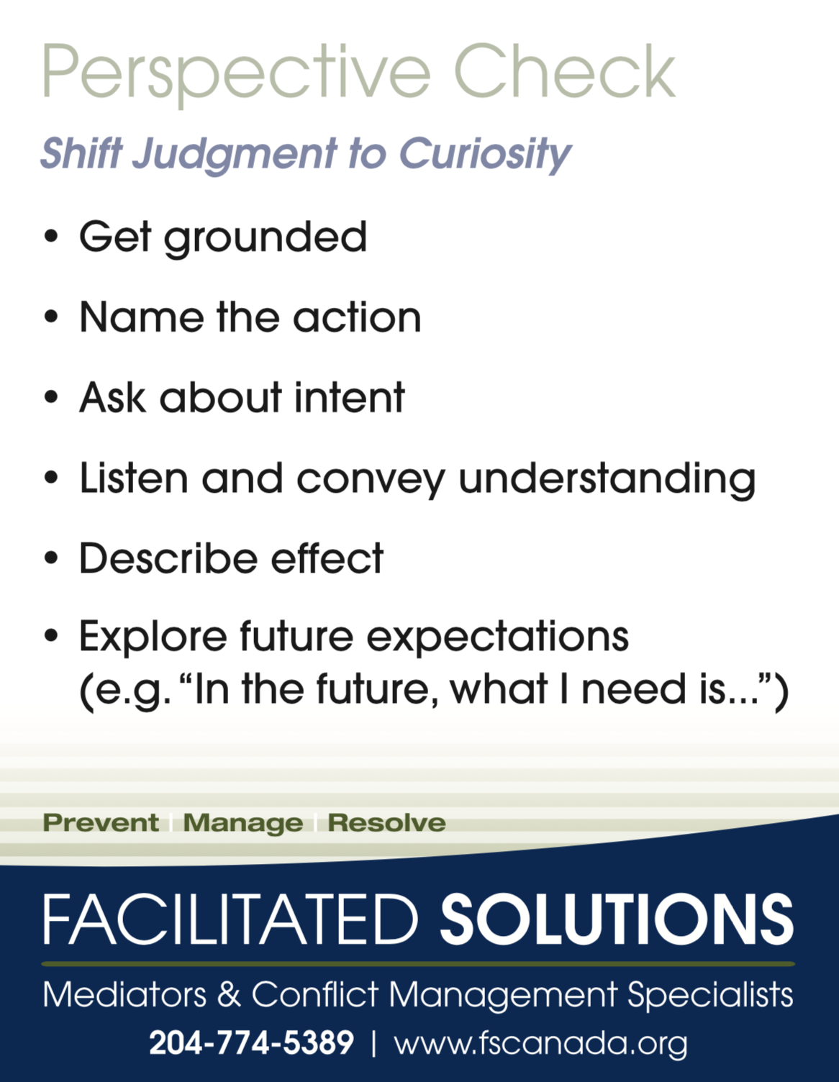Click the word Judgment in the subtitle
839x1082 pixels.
(x=235, y=153)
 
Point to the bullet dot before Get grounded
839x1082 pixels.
(x=50, y=237)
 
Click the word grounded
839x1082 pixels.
(x=266, y=237)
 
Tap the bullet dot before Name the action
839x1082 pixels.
(x=50, y=317)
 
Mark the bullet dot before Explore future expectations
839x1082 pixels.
(x=50, y=637)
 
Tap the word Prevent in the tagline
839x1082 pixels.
(x=101, y=822)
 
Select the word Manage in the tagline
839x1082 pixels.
(x=242, y=822)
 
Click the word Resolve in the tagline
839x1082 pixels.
(x=386, y=822)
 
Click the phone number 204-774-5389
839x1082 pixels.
(x=251, y=1042)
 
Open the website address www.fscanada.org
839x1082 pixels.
(x=540, y=1043)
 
